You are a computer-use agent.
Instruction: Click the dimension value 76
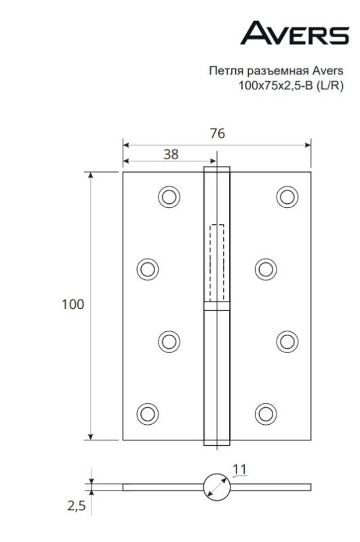tap(217, 133)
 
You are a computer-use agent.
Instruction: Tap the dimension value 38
tap(171, 154)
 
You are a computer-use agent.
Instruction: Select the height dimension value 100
tap(73, 304)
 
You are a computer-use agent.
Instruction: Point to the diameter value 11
tap(239, 468)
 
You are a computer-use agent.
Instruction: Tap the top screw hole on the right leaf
tap(287, 196)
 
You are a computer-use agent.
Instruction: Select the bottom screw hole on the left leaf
tap(146, 412)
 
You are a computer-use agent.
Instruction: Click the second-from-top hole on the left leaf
tap(146, 269)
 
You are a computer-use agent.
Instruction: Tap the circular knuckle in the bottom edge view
tap(216, 487)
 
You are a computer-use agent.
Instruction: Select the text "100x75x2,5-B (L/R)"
tap(290, 85)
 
